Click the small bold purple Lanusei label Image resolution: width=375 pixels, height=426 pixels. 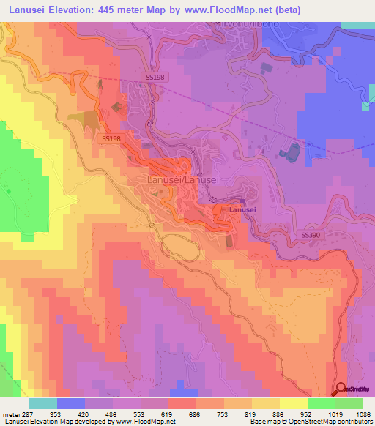(x=242, y=210)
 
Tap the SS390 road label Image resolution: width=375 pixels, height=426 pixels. (x=311, y=235)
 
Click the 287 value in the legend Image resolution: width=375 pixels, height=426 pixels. (x=29, y=414)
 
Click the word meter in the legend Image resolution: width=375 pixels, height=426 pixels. (x=12, y=414)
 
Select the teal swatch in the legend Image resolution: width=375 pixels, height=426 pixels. (x=43, y=403)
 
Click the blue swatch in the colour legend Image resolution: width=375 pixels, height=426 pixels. (x=71, y=403)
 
